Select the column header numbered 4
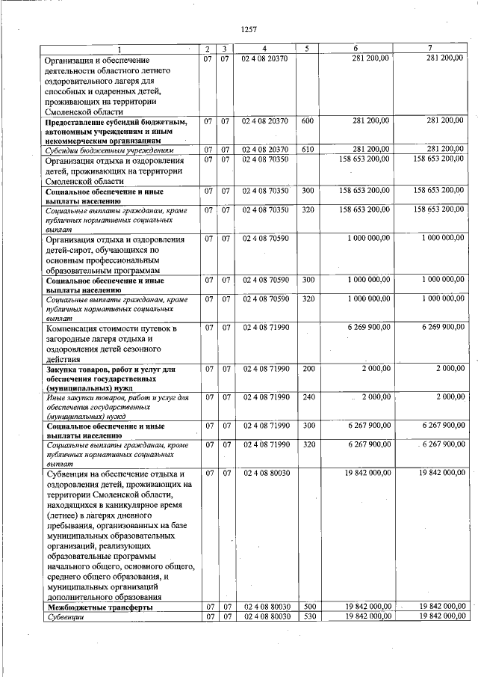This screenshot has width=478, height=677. coord(264,49)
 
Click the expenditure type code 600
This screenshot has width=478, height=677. coord(307,120)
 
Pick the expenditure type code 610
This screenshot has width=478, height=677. coord(307,150)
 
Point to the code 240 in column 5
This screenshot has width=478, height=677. coord(307,396)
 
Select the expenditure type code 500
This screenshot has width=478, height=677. coord(307,607)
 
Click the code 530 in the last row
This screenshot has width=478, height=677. coord(307,616)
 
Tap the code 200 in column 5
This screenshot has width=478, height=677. coord(307,369)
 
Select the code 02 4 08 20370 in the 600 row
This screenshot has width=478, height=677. coord(264,120)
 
